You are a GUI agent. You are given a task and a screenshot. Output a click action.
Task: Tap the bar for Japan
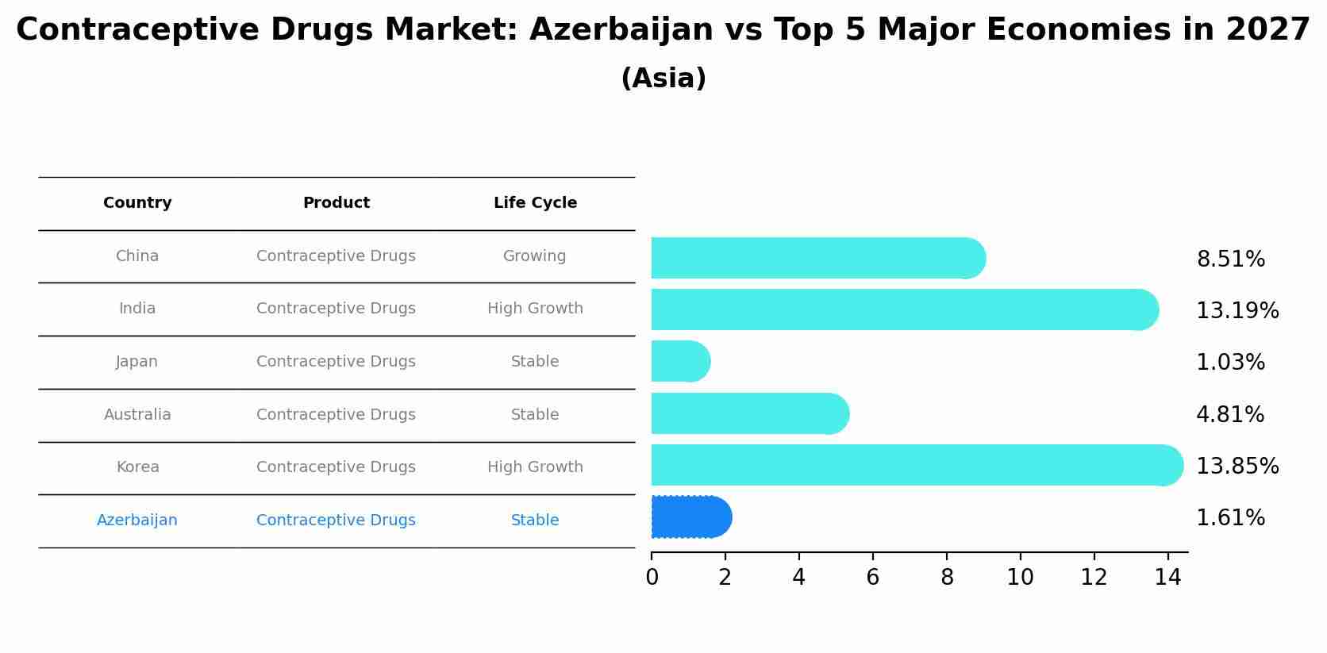coord(679,362)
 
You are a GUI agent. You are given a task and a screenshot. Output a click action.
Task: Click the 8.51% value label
coord(1230,259)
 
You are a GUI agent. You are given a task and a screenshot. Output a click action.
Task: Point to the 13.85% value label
coord(1237,467)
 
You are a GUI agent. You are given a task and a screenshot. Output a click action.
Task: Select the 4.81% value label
coord(1229,415)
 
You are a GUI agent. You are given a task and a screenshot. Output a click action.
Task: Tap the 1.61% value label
coord(1229,518)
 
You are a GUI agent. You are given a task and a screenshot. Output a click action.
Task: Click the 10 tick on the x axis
coord(1020,578)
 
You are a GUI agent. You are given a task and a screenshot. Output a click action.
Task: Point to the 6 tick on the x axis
coord(872,578)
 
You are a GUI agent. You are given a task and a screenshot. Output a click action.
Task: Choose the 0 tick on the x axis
coord(652,578)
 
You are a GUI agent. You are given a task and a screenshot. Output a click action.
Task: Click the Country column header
coord(137,203)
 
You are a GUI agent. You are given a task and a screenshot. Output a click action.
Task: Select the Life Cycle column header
coord(535,203)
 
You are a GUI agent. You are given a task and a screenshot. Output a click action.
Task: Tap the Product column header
coord(336,203)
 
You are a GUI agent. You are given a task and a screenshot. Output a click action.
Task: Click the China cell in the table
coord(137,256)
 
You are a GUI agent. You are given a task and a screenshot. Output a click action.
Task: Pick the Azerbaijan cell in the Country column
coord(137,520)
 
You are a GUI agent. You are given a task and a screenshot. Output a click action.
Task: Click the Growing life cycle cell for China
coord(534,256)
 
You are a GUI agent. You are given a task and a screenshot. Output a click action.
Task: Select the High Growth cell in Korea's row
coord(535,467)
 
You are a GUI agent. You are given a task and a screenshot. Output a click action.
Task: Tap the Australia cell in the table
coord(137,415)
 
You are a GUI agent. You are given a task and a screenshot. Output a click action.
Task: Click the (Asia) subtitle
coord(663,79)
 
